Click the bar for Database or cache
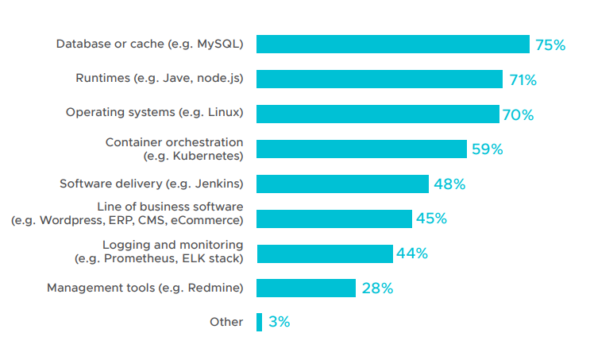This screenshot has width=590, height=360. [x=393, y=44]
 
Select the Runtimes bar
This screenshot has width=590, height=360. [x=380, y=79]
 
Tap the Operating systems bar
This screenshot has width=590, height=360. [x=378, y=114]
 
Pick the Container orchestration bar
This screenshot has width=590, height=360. [x=361, y=149]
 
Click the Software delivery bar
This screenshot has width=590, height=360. [x=342, y=184]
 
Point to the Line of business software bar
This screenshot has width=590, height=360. [x=334, y=219]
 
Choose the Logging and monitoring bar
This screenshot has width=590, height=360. [x=325, y=254]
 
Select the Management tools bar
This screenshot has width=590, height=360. [x=306, y=288]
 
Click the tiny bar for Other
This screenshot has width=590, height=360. [x=259, y=323]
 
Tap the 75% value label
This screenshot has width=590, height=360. [x=550, y=45]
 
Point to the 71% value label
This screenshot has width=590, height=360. [x=523, y=79]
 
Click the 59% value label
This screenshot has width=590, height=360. [x=488, y=149]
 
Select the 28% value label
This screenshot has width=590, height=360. [x=377, y=288]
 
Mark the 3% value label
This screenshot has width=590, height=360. [x=280, y=322]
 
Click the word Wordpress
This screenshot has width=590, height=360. [x=72, y=220]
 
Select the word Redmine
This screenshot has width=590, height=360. [x=214, y=288]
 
